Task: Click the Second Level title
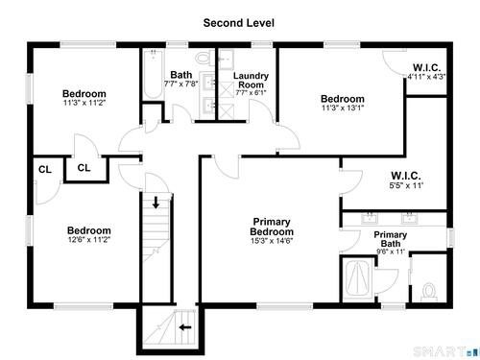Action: point(239,23)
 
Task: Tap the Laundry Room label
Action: point(251,81)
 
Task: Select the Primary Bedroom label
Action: point(272,227)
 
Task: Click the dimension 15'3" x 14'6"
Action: point(272,241)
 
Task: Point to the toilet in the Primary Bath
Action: point(429,292)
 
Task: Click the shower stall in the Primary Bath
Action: point(358,278)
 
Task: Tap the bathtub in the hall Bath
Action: point(154,74)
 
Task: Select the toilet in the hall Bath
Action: point(203,58)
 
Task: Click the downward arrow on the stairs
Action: point(156,203)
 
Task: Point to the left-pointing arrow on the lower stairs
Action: point(185,327)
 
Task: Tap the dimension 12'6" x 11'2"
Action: point(89,239)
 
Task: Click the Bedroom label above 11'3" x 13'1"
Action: point(343,99)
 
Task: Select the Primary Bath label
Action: point(391,239)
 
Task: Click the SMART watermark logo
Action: point(444,351)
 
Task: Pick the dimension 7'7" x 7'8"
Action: point(181,84)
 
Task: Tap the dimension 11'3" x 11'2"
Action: point(84,103)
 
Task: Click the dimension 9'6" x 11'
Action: point(391,252)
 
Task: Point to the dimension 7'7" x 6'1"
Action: point(251,93)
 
